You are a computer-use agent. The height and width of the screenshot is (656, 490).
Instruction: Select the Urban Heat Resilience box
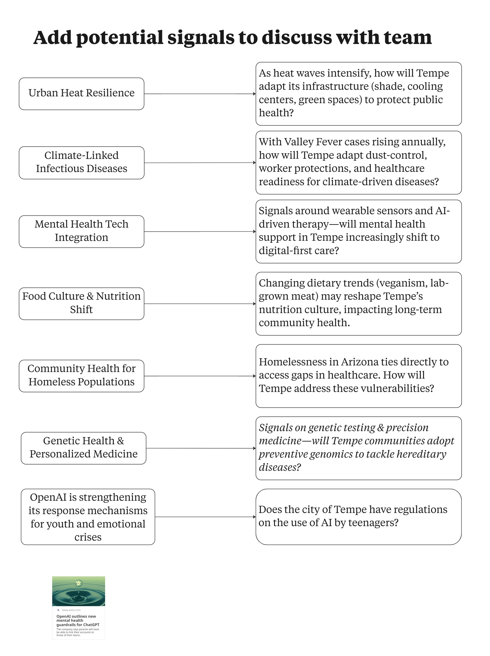point(81,94)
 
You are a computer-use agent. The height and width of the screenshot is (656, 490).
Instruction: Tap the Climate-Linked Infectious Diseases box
point(81,162)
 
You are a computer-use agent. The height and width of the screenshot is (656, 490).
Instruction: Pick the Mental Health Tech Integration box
point(81,231)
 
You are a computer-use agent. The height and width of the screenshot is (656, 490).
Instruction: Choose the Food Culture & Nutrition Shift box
point(81,303)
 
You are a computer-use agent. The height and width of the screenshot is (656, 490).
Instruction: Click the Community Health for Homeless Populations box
point(81,376)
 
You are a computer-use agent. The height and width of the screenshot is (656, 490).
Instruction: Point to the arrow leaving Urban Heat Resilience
point(199,94)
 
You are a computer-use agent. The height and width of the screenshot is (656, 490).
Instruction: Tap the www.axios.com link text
point(71,610)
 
